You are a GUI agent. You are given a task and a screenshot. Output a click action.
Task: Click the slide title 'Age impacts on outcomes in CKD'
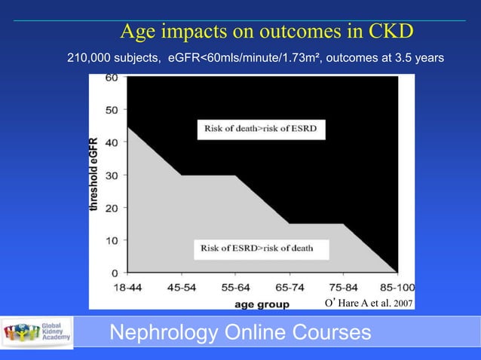point(268,32)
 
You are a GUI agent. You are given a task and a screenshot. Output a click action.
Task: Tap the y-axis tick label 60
point(110,78)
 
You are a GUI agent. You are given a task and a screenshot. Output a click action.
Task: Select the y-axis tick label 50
point(110,110)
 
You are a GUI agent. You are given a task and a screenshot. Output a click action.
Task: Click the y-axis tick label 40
point(110,143)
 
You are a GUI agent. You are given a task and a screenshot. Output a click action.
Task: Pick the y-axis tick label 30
point(110,175)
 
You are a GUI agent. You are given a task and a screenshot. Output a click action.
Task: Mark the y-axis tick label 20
point(110,208)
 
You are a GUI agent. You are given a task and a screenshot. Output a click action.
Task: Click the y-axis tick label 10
point(110,240)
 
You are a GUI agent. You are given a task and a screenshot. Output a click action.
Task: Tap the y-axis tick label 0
point(113,273)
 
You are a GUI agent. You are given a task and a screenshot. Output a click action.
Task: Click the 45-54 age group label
point(179,287)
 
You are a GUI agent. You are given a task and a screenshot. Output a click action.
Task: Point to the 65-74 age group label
point(290,287)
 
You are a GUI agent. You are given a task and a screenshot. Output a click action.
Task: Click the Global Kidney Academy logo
point(38,332)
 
